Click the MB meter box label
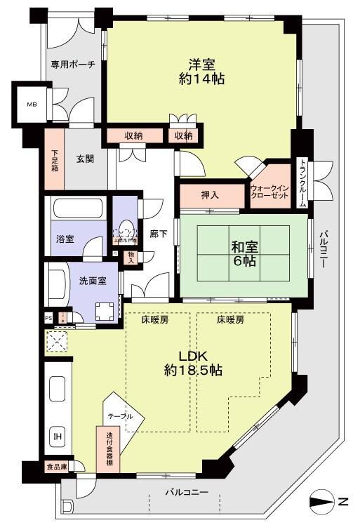click(x=32, y=105)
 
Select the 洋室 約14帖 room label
click(x=201, y=71)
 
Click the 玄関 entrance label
click(x=86, y=158)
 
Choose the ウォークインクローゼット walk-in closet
click(x=269, y=194)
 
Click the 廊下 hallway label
click(x=159, y=234)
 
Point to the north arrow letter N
click(x=342, y=501)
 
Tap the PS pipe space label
click(x=48, y=317)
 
